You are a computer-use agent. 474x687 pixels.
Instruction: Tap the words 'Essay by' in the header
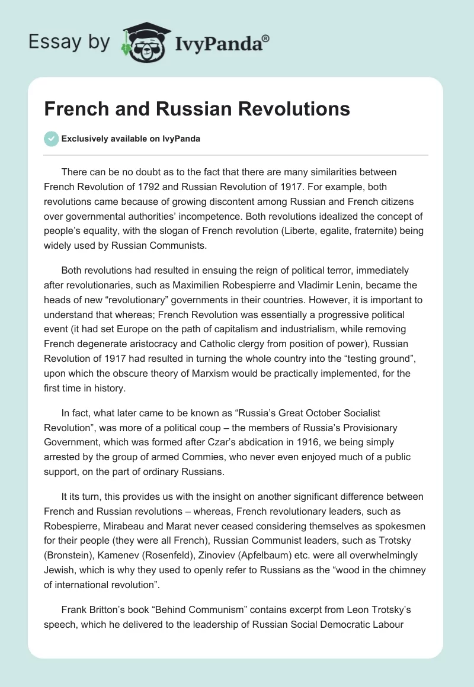[x=69, y=42]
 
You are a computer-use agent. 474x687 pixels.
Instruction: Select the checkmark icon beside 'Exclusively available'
[x=51, y=139]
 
